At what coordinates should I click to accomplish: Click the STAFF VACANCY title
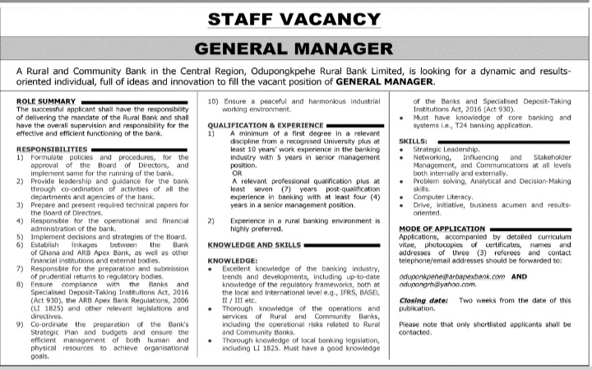coord(296,17)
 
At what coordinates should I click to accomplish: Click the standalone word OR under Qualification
coord(236,172)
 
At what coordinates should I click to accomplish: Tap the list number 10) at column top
coord(213,100)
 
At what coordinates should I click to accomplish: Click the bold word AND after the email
coord(542,278)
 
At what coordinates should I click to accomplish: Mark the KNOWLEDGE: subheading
coord(230,261)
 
